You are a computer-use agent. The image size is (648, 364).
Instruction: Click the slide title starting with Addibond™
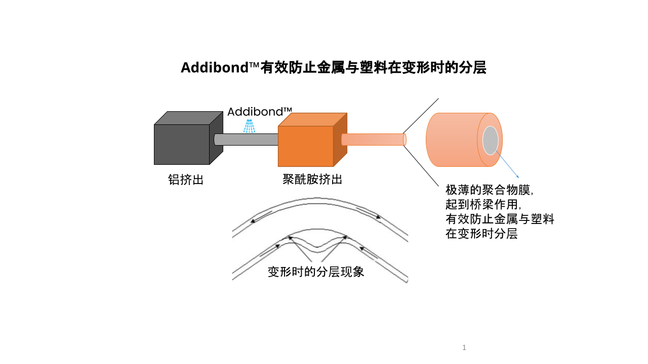334,68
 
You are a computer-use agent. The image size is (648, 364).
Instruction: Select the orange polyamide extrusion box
306,146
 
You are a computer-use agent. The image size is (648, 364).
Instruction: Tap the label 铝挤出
186,179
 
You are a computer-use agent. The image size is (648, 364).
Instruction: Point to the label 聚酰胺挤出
312,179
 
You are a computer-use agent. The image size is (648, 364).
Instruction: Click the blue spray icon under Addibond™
249,126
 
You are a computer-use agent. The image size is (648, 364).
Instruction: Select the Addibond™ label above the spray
260,112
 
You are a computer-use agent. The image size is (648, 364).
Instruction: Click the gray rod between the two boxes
246,140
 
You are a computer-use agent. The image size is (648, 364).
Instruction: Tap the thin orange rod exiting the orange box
374,140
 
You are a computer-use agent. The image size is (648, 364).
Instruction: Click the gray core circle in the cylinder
491,141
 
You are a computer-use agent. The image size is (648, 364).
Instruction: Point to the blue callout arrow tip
519,177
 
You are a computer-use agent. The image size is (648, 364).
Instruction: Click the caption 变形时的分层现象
316,272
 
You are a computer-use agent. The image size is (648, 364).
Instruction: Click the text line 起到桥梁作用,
483,205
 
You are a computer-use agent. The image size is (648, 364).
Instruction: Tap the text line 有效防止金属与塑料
500,220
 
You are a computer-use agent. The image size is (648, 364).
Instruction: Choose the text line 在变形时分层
481,235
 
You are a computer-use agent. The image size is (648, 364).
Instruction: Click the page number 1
464,347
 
